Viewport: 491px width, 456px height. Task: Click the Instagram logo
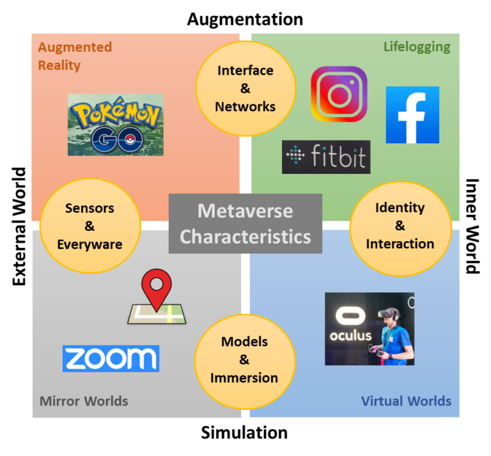(x=339, y=94)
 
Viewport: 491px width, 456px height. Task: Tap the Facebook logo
(x=412, y=115)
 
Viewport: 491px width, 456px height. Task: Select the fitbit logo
(x=326, y=157)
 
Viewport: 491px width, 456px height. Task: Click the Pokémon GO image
(x=116, y=125)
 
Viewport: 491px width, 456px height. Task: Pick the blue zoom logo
(x=111, y=359)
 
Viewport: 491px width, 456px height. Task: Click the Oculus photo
(x=370, y=329)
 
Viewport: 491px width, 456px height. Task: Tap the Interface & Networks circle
(x=245, y=89)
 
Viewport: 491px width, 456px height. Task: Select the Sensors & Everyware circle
(x=90, y=226)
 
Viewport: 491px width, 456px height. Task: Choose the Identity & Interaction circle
(x=400, y=228)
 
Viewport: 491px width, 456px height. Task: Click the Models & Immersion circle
(x=245, y=362)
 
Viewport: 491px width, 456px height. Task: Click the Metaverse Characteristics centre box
(x=245, y=223)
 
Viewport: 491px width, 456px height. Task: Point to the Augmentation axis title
(x=245, y=19)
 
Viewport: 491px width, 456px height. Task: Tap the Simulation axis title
(x=244, y=433)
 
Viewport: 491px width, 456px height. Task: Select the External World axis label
(x=19, y=226)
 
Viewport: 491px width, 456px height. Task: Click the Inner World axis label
(x=472, y=226)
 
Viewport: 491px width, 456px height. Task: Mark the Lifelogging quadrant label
(x=417, y=47)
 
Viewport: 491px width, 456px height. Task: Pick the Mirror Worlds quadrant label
(x=84, y=401)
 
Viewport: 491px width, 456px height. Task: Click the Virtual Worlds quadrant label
(x=406, y=401)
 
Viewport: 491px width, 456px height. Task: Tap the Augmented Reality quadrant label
(x=75, y=56)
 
